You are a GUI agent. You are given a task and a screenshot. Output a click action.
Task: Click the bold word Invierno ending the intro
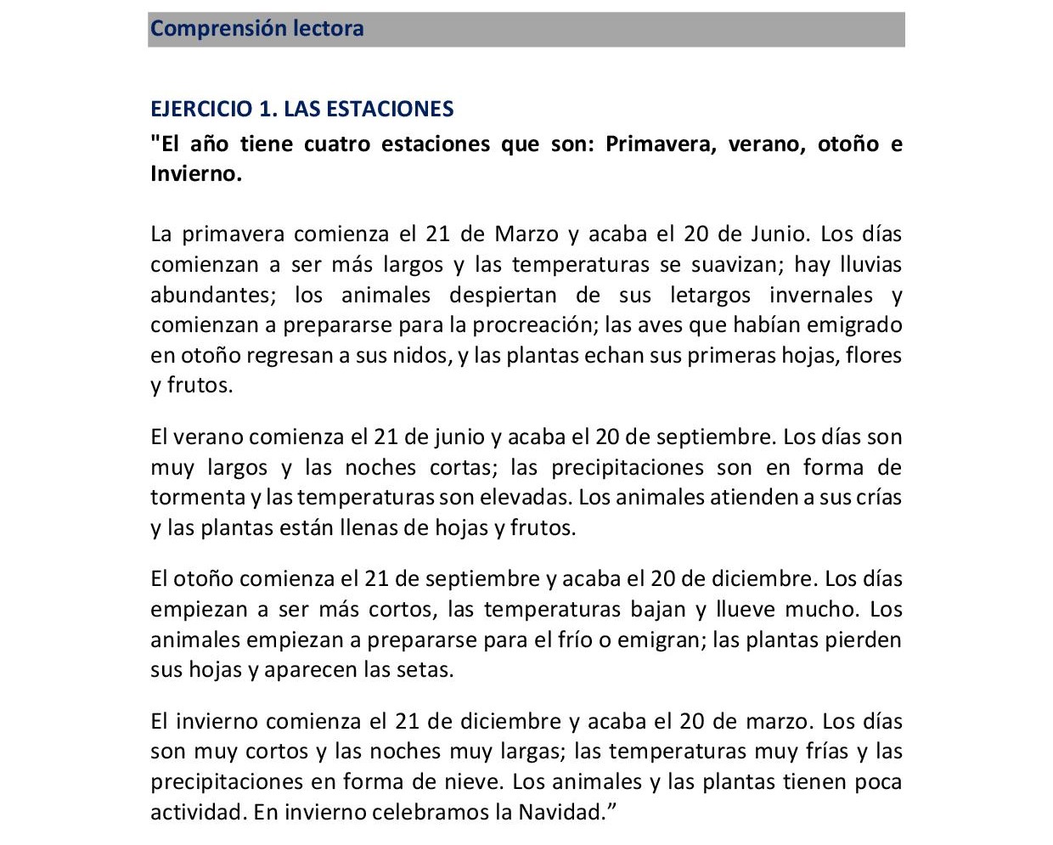[x=194, y=174]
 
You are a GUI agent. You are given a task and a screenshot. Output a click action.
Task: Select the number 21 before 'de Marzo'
[x=437, y=234]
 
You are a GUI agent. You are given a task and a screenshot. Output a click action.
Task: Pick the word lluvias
[x=870, y=264]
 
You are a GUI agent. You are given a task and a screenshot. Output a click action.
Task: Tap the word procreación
[x=532, y=324]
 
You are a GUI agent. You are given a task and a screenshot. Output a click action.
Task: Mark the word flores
[x=874, y=355]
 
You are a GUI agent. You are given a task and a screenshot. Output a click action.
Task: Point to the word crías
[x=876, y=497]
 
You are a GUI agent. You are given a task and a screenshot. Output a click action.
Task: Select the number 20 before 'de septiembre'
[x=608, y=437]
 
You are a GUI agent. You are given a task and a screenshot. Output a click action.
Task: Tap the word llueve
[x=746, y=609]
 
